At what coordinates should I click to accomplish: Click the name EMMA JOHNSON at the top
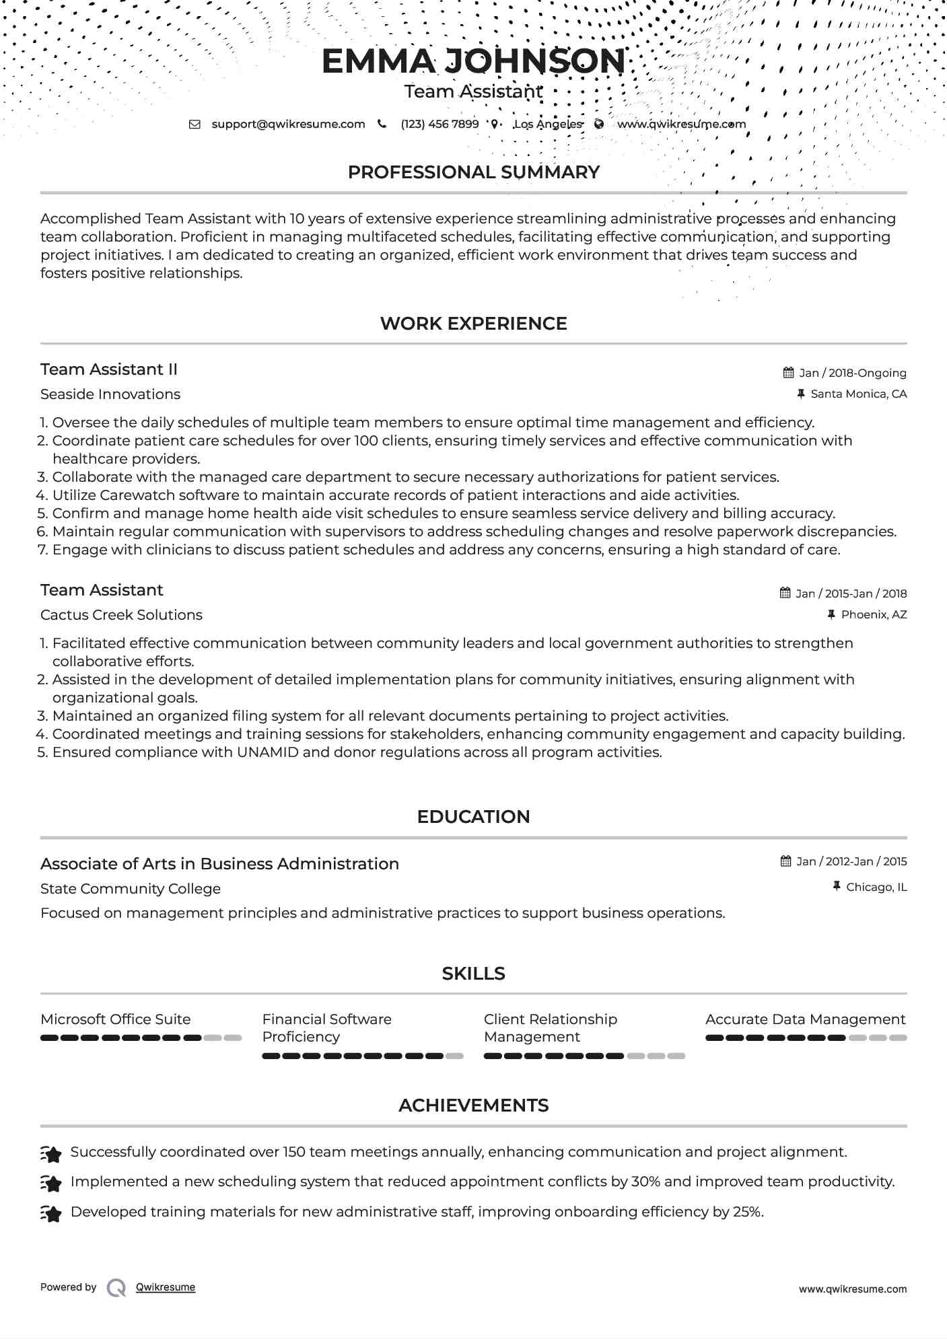coord(473,61)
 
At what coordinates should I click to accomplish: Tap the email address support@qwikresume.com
coord(288,124)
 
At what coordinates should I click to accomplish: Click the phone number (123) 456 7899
coord(440,124)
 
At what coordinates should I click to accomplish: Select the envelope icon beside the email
coord(195,124)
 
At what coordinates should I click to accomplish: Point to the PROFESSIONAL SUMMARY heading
coord(473,172)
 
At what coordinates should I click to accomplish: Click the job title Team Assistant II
coord(109,369)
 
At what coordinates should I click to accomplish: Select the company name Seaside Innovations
coord(110,394)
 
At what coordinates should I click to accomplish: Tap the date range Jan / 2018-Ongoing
coord(852,373)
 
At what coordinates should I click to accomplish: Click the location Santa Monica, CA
coord(858,394)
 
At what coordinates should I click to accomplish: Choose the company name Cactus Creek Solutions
coord(121,615)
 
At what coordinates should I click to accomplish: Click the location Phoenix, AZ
coord(874,615)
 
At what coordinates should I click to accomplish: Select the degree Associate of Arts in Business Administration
coord(219,864)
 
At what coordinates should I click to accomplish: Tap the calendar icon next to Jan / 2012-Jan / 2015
coord(785,862)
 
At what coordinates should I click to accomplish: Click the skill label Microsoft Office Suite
coord(116,1019)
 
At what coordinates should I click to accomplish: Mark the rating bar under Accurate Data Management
coord(806,1038)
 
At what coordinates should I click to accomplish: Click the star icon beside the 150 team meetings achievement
coord(51,1153)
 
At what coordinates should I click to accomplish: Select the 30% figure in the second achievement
coord(645,1182)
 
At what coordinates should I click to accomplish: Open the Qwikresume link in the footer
coord(166,1287)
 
